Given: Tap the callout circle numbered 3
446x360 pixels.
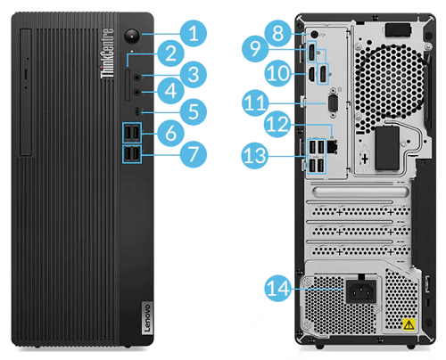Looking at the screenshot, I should pos(190,73).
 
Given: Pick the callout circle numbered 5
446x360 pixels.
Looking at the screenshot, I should pos(190,111).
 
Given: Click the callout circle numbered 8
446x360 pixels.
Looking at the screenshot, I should pos(280,35).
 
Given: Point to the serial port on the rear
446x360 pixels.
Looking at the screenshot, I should pos(332,104).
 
